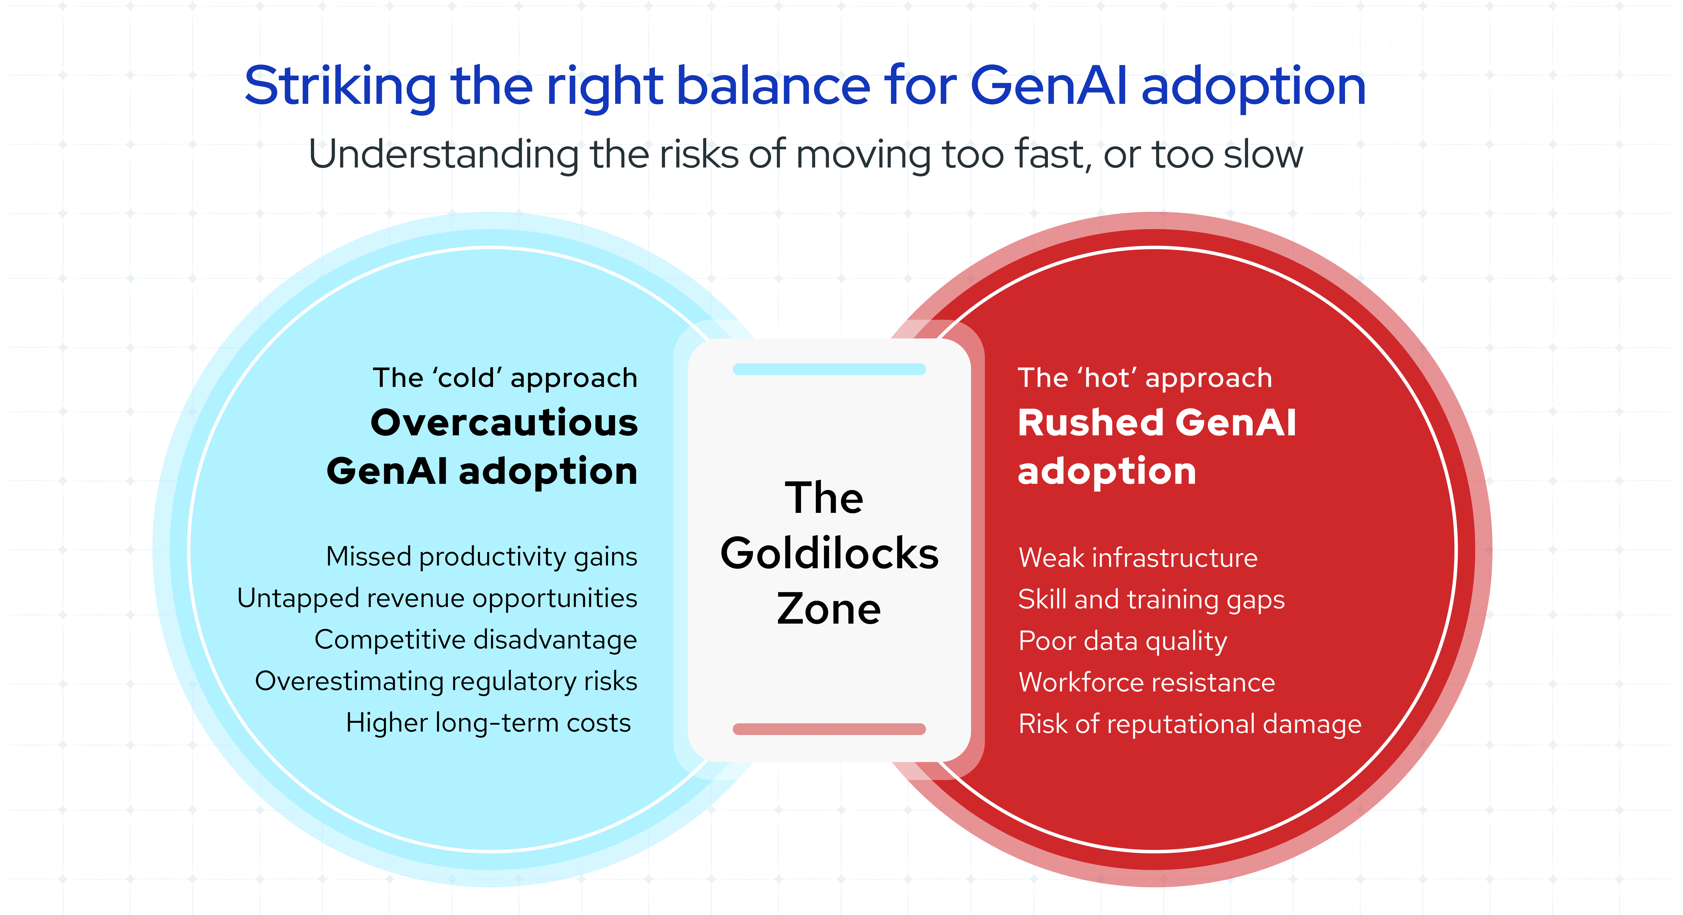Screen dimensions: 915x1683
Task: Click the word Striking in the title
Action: (x=340, y=87)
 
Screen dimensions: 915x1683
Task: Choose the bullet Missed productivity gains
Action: (x=481, y=556)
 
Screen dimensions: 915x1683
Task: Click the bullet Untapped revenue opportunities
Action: (x=436, y=598)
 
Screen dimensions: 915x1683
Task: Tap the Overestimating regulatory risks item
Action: (x=446, y=681)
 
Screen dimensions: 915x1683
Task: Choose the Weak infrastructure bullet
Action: (x=1137, y=558)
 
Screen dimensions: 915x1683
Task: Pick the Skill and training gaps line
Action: (x=1151, y=600)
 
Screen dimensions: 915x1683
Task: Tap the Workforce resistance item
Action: (x=1147, y=682)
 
